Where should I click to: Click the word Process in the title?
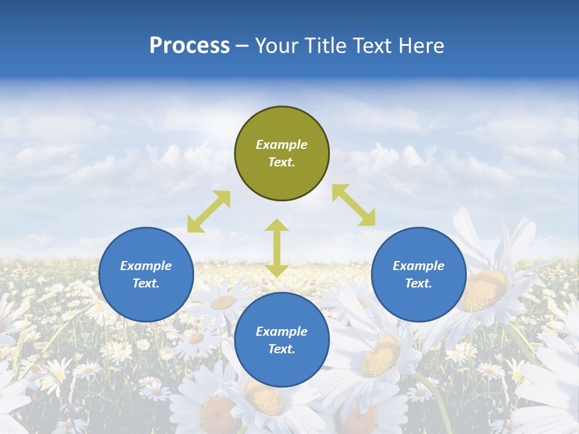[x=189, y=46]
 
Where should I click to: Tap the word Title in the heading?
[x=332, y=46]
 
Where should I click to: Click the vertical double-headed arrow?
[x=277, y=248]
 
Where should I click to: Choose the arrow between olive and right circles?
[x=353, y=205]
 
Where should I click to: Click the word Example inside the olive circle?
[x=282, y=145]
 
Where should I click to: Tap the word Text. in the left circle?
[x=146, y=283]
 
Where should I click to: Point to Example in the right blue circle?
[x=419, y=266]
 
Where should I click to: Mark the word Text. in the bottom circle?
[x=282, y=349]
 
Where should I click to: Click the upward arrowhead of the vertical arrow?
[x=277, y=225]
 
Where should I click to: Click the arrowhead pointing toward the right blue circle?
[x=368, y=218]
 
